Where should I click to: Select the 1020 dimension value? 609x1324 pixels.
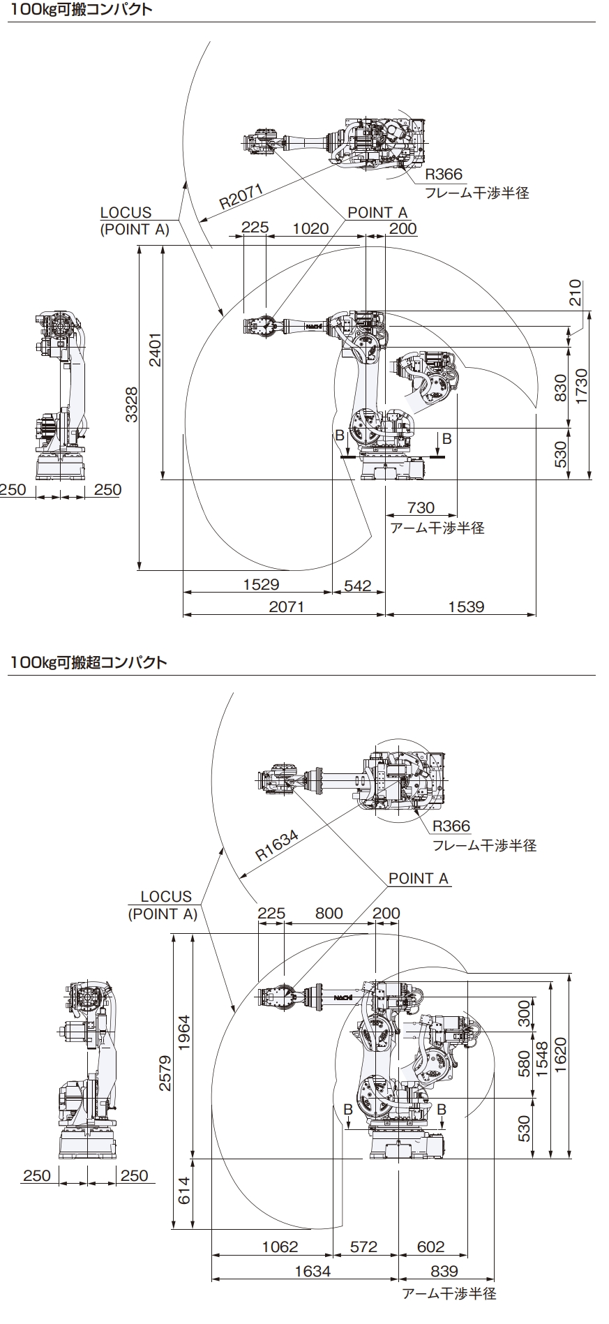(310, 228)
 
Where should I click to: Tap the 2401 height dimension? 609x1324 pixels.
(155, 349)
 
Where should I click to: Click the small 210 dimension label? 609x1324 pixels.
(574, 293)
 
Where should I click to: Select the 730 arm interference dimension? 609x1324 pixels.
(421, 508)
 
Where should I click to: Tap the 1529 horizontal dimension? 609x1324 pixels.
(262, 584)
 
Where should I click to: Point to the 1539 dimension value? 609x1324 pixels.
(466, 606)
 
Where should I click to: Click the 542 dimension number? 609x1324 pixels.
(358, 585)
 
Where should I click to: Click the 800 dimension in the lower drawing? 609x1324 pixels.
(329, 913)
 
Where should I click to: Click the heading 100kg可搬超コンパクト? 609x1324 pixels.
(89, 662)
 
